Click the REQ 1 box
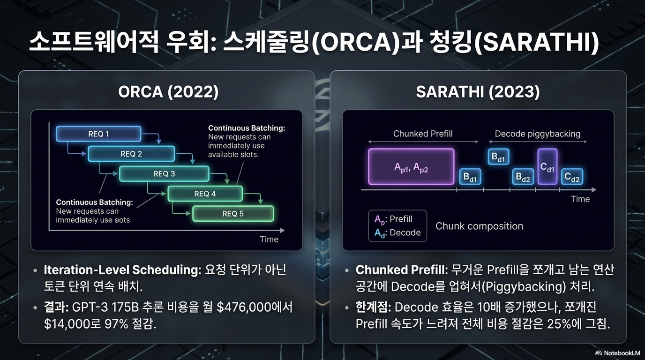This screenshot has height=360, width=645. pyautogui.click(x=98, y=134)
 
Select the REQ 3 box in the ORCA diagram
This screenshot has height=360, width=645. pyautogui.click(x=164, y=173)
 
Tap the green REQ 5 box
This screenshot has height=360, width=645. pyautogui.click(x=233, y=214)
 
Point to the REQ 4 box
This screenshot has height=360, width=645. pyautogui.click(x=205, y=194)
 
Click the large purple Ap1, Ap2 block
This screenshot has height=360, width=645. pyautogui.click(x=411, y=167)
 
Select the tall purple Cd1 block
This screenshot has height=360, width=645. pyautogui.click(x=547, y=166)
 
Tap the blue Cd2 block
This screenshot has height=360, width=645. pyautogui.click(x=572, y=177)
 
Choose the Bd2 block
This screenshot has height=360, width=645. pyautogui.click(x=523, y=177)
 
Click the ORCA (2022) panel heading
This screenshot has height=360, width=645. pyautogui.click(x=168, y=92)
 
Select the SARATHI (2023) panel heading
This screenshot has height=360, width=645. pyautogui.click(x=478, y=92)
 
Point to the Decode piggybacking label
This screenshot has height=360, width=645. pyautogui.click(x=538, y=134)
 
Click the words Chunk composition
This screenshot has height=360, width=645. pyautogui.click(x=479, y=226)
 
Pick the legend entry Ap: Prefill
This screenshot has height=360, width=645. pyautogui.click(x=393, y=219)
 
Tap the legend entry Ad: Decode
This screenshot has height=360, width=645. pyautogui.click(x=397, y=232)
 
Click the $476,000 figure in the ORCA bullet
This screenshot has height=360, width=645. pyautogui.click(x=244, y=307)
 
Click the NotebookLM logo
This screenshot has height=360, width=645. pyautogui.click(x=617, y=353)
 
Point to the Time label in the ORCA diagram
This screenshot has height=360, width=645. pyautogui.click(x=269, y=240)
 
